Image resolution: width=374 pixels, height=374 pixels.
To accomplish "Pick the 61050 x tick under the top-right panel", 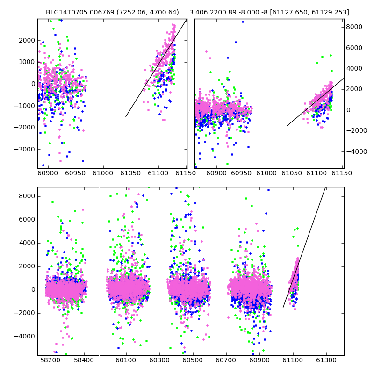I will (x=292, y=173).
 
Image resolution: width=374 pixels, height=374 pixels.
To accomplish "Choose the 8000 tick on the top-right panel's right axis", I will (x=354, y=27).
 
